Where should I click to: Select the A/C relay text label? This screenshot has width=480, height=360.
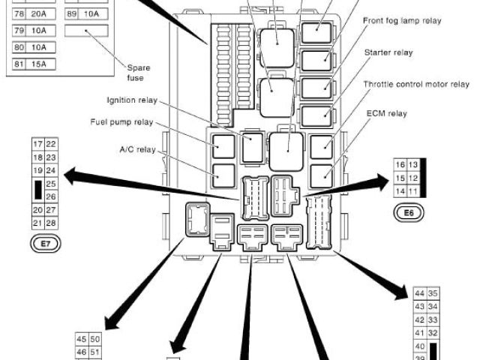pyautogui.click(x=136, y=149)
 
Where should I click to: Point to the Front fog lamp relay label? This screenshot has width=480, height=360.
pyautogui.click(x=402, y=21)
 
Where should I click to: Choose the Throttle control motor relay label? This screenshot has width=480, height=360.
pyautogui.click(x=415, y=84)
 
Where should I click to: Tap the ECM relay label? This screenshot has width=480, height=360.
pyautogui.click(x=386, y=113)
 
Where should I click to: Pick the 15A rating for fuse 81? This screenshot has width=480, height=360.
pyautogui.click(x=46, y=62)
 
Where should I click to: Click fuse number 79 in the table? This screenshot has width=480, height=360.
pyautogui.click(x=18, y=31)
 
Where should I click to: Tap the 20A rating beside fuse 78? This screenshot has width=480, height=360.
pyautogui.click(x=46, y=15)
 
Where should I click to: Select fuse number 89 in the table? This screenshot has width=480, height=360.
pyautogui.click(x=72, y=15)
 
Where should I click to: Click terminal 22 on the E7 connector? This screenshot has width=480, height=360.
pyautogui.click(x=51, y=144)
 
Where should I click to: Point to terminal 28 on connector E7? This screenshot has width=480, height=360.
pyautogui.click(x=51, y=223)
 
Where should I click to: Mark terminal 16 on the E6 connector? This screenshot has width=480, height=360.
pyautogui.click(x=399, y=164)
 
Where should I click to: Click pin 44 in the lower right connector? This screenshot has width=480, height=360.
pyautogui.click(x=419, y=293)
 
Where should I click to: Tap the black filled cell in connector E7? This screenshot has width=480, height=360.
pyautogui.click(x=37, y=190)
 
